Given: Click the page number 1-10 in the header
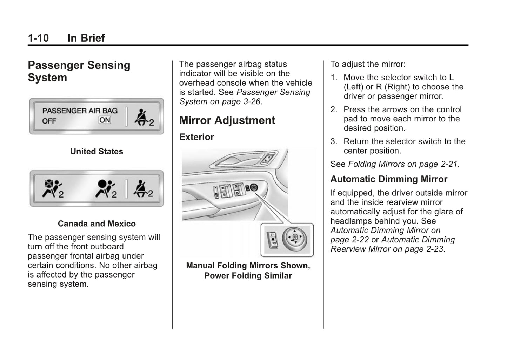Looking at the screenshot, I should [38, 38].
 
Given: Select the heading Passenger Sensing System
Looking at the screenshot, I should [79, 71].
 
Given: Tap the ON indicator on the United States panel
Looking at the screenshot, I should [105, 120].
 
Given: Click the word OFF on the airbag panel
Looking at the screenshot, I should [49, 121].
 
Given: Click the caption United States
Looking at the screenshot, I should [96, 152].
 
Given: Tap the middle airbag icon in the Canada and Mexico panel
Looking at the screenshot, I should [105, 188].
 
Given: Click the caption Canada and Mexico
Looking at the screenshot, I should [96, 224].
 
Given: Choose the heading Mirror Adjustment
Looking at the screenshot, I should [227, 120].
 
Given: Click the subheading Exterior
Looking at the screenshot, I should [196, 137].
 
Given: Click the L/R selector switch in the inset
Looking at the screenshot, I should [272, 239].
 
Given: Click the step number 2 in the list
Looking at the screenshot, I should [333, 109].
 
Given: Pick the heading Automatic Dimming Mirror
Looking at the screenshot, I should [389, 179].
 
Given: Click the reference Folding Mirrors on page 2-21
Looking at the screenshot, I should [403, 164].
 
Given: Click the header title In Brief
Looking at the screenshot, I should [86, 38].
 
